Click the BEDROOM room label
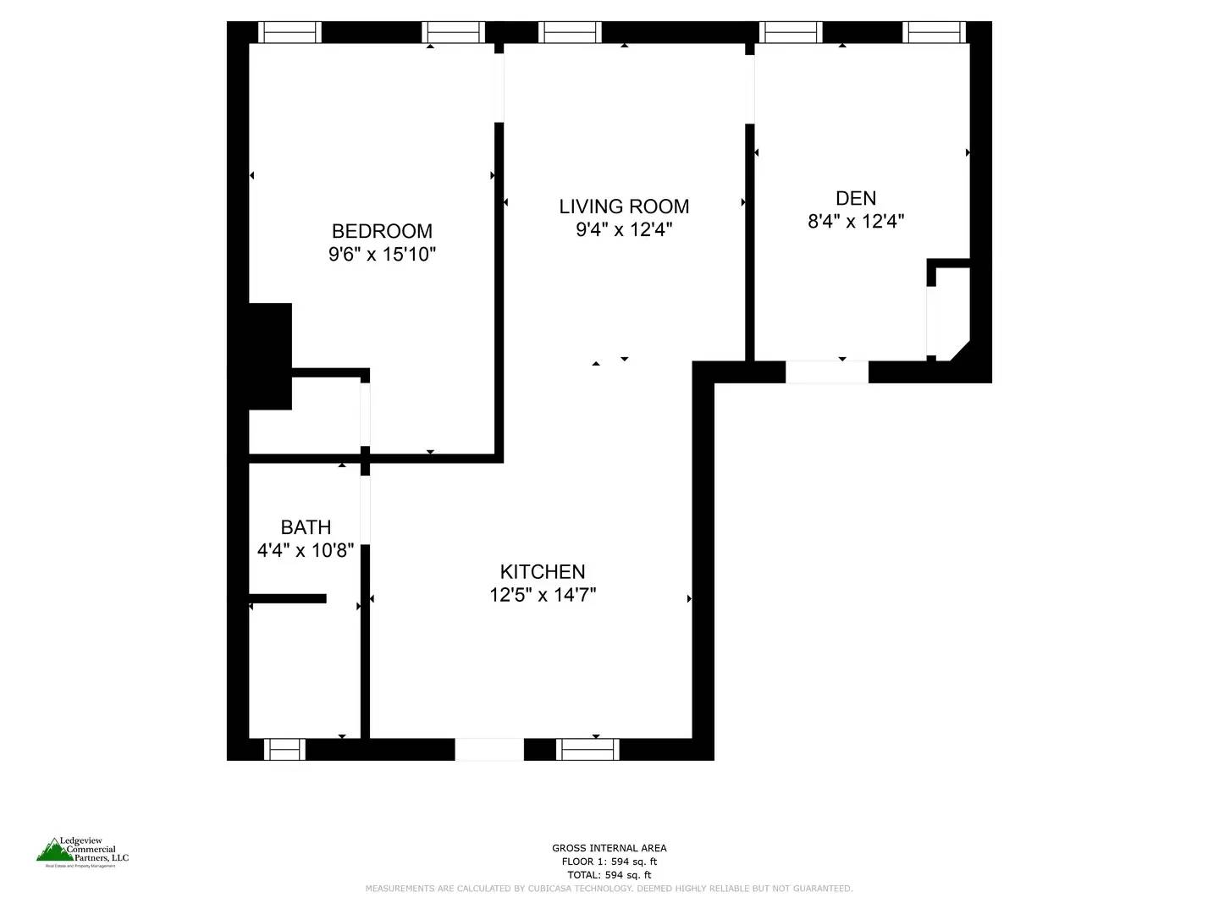(x=382, y=231)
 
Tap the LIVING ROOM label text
(x=624, y=206)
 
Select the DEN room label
(x=855, y=198)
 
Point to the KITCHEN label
(x=543, y=572)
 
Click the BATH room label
(x=306, y=527)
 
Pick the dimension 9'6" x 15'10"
(x=382, y=254)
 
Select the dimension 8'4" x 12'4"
(x=856, y=222)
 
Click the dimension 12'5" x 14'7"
(x=543, y=595)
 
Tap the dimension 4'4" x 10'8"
(x=306, y=551)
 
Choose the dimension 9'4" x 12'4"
(x=624, y=229)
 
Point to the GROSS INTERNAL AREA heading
(x=609, y=848)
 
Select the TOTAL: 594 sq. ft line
(x=609, y=875)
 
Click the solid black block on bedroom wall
(x=270, y=356)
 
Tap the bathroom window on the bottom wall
(x=284, y=749)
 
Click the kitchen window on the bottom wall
(x=587, y=749)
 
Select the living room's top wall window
(x=570, y=32)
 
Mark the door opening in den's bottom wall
(x=827, y=372)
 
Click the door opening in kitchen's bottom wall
(x=489, y=749)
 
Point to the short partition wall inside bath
(x=288, y=598)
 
